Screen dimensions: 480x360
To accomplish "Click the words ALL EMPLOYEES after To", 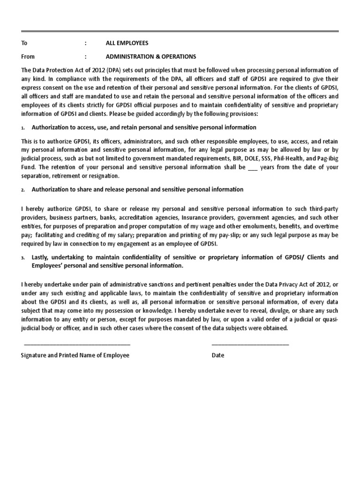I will click(x=127, y=43).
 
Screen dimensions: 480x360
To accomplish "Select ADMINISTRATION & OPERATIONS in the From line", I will click(x=151, y=57).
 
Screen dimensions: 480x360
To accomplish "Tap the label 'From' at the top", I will click(x=28, y=57).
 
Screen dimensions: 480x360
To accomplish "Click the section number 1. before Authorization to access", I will click(x=23, y=128).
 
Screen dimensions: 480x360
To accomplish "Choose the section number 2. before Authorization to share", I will click(x=23, y=190).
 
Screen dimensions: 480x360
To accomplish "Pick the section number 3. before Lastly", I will click(x=23, y=258).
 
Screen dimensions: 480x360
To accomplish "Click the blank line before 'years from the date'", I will click(x=252, y=167).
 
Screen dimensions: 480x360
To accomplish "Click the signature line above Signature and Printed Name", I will click(x=77, y=345).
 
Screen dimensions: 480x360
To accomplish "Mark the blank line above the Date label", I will click(x=250, y=345).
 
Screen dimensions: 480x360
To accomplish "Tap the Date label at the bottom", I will click(x=218, y=355).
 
